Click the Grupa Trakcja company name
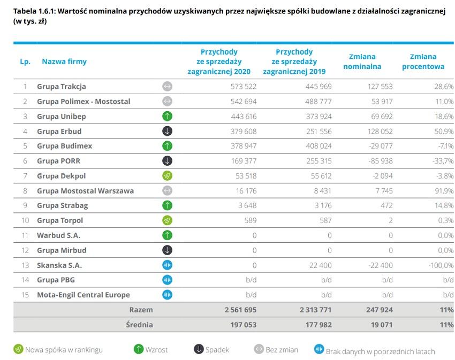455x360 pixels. tap(61, 86)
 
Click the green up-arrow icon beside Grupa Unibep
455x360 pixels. tap(167, 116)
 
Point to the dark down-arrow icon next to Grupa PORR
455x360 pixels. tap(167, 160)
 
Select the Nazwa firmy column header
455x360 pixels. tap(64, 62)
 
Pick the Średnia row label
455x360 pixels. tap(140, 324)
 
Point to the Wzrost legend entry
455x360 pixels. tap(151, 350)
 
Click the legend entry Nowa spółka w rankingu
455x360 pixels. tap(58, 350)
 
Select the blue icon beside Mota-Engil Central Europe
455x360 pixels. tap(167, 295)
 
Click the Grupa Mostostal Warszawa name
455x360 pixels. tap(85, 190)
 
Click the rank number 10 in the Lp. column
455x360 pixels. tap(24, 220)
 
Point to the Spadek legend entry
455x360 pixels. tap(211, 350)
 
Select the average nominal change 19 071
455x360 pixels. tap(380, 324)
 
